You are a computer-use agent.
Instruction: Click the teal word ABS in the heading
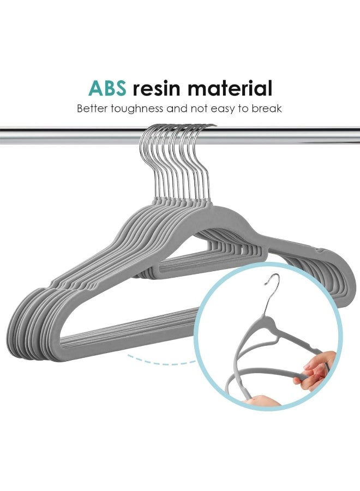pos(107,88)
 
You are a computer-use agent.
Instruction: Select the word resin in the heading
pos(157,88)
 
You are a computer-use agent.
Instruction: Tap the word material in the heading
pos(230,88)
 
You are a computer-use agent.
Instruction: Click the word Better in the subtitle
pos(92,109)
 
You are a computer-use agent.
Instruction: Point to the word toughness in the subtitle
pos(137,109)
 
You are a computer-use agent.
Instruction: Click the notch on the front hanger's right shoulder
pos(321,250)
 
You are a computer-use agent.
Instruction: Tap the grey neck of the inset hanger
pos(268,322)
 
